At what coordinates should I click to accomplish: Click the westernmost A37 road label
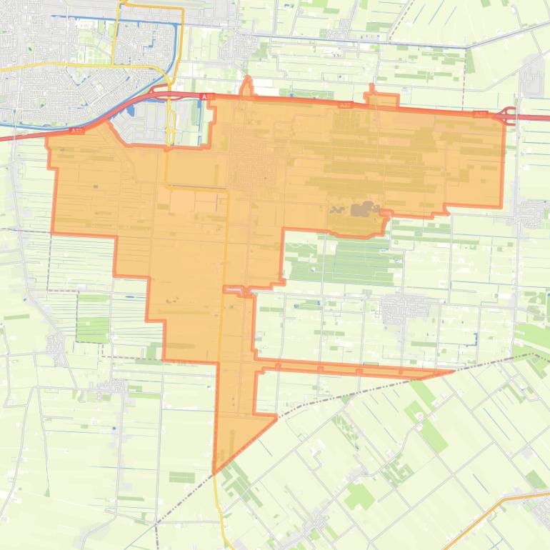click(76, 131)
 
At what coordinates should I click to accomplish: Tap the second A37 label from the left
click(207, 96)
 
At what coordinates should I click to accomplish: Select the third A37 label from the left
click(345, 105)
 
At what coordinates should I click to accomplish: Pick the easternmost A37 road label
click(480, 114)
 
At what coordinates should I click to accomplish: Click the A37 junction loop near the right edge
click(508, 115)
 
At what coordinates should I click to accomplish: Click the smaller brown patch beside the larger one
click(337, 211)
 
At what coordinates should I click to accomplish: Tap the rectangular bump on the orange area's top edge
click(383, 99)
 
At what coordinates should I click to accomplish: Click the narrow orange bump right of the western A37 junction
click(246, 87)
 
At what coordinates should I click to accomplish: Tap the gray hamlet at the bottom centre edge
click(314, 529)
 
